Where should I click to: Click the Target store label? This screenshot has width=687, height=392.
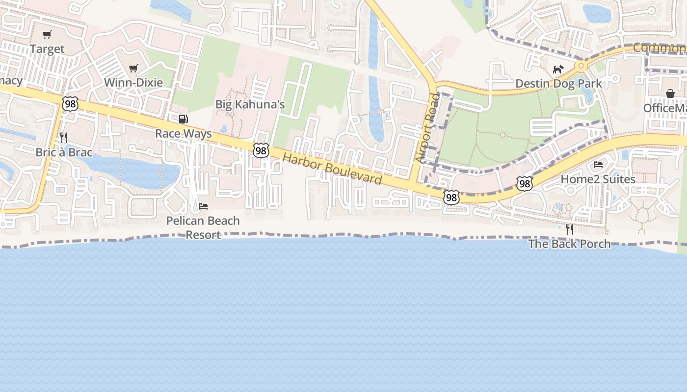[x=47, y=49]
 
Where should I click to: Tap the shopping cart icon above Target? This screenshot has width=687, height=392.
[x=47, y=35]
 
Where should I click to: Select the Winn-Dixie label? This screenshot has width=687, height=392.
[x=133, y=82]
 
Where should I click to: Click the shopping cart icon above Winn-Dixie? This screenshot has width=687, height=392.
[x=133, y=68]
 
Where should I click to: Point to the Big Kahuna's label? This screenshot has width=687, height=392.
[x=250, y=104]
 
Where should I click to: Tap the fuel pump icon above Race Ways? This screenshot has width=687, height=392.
[x=183, y=119]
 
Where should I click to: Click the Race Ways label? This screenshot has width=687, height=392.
[x=184, y=133]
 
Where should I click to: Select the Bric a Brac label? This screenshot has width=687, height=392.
[x=64, y=152]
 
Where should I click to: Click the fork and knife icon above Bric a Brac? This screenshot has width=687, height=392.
[x=64, y=138]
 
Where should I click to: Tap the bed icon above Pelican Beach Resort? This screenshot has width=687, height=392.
[x=203, y=206]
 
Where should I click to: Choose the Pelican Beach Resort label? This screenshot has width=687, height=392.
[x=203, y=227]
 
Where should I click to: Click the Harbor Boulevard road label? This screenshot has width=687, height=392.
[x=332, y=169]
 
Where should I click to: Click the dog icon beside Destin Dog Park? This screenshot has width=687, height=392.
[x=558, y=70]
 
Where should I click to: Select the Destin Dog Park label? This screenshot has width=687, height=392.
[x=558, y=84]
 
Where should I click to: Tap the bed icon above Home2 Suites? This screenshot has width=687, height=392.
[x=598, y=165]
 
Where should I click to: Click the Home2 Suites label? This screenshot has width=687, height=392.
[x=598, y=179]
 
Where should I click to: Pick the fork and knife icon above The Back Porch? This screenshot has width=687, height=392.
[x=570, y=229]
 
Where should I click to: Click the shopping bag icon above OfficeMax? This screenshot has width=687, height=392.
[x=670, y=94]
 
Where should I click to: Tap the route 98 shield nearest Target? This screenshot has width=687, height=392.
[x=70, y=103]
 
